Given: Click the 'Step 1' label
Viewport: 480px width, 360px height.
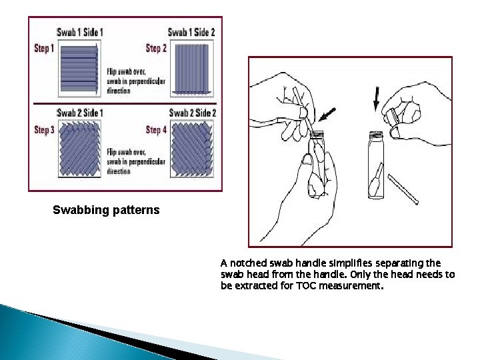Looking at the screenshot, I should click(45, 48).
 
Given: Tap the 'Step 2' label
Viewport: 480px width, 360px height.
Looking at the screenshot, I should click(156, 48).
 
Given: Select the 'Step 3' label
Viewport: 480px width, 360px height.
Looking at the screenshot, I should click(45, 130).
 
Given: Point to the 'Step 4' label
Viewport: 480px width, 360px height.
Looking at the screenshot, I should click(156, 130).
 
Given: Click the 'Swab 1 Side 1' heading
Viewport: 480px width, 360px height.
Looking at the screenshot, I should click(79, 31).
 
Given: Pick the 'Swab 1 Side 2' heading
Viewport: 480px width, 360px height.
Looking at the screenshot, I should click(191, 31).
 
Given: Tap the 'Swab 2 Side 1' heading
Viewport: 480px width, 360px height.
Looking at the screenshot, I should click(79, 113).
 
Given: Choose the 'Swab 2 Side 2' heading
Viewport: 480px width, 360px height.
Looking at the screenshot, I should click(192, 113).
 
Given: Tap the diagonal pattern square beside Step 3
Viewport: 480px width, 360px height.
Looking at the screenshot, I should click(79, 147).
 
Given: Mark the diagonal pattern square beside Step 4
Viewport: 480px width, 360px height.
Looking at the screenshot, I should click(192, 147).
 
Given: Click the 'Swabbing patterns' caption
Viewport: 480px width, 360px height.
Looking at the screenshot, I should click(106, 211).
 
